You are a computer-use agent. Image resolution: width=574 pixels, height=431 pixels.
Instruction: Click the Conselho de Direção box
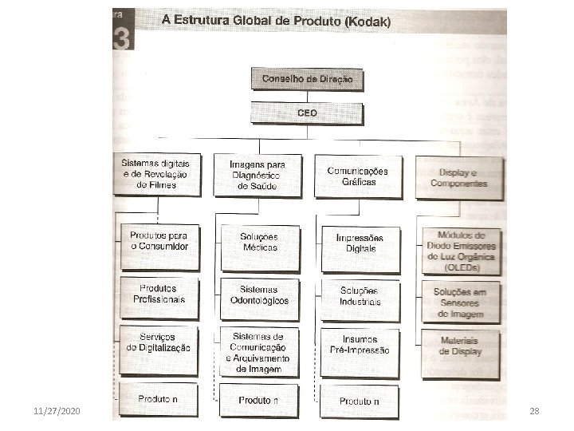click(x=306, y=79)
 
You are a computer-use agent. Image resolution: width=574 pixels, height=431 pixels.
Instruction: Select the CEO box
click(x=306, y=113)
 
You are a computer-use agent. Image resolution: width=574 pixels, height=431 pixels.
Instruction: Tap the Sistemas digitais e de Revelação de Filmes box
click(x=157, y=174)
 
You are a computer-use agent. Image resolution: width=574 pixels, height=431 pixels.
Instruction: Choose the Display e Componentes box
click(x=458, y=177)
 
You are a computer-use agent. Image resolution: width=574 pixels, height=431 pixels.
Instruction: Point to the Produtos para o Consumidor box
click(x=159, y=240)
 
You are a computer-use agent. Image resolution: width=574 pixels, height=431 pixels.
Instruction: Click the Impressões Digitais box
click(x=359, y=243)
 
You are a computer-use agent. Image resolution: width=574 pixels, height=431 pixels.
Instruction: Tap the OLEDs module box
click(x=460, y=251)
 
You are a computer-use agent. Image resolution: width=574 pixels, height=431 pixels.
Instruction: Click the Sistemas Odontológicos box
click(x=259, y=295)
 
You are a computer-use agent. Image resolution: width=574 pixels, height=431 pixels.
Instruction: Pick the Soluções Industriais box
click(x=360, y=296)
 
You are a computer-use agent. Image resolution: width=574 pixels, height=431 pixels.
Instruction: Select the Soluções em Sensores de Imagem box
click(x=460, y=302)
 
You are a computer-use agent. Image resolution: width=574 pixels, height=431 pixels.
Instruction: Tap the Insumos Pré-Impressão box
click(x=360, y=345)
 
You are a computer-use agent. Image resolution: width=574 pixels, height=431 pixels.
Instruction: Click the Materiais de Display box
click(x=460, y=346)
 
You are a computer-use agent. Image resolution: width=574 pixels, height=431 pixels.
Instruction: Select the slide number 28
click(x=534, y=410)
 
